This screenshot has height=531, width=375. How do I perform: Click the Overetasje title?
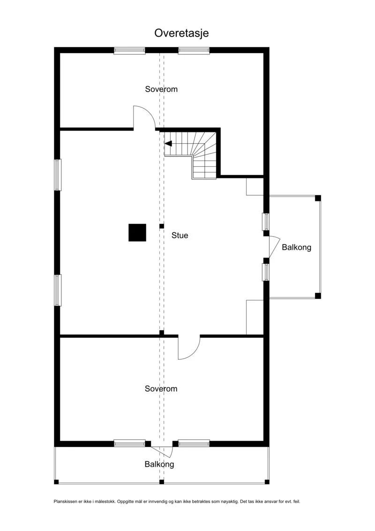(x=181, y=33)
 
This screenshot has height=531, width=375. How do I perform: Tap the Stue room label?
(x=180, y=235)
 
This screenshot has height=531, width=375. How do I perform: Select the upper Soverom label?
(x=161, y=89)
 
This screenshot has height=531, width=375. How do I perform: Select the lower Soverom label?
(x=161, y=389)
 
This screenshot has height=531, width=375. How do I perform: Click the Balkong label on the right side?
(x=297, y=247)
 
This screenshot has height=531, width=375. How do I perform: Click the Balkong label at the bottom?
(x=159, y=464)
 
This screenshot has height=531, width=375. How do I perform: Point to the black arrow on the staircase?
(x=168, y=144)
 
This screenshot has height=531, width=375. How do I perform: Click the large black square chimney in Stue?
(x=137, y=233)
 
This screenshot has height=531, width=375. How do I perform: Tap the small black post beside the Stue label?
(x=162, y=226)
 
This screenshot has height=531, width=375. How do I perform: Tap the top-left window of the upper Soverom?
(x=129, y=51)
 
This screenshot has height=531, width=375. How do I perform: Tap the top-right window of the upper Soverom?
(x=194, y=51)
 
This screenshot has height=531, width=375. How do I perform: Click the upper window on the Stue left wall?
(x=58, y=175)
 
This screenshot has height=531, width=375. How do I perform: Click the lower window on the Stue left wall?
(x=58, y=290)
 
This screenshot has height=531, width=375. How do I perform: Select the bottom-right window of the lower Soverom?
(x=194, y=443)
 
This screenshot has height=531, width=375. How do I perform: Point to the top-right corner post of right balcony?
(x=318, y=198)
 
